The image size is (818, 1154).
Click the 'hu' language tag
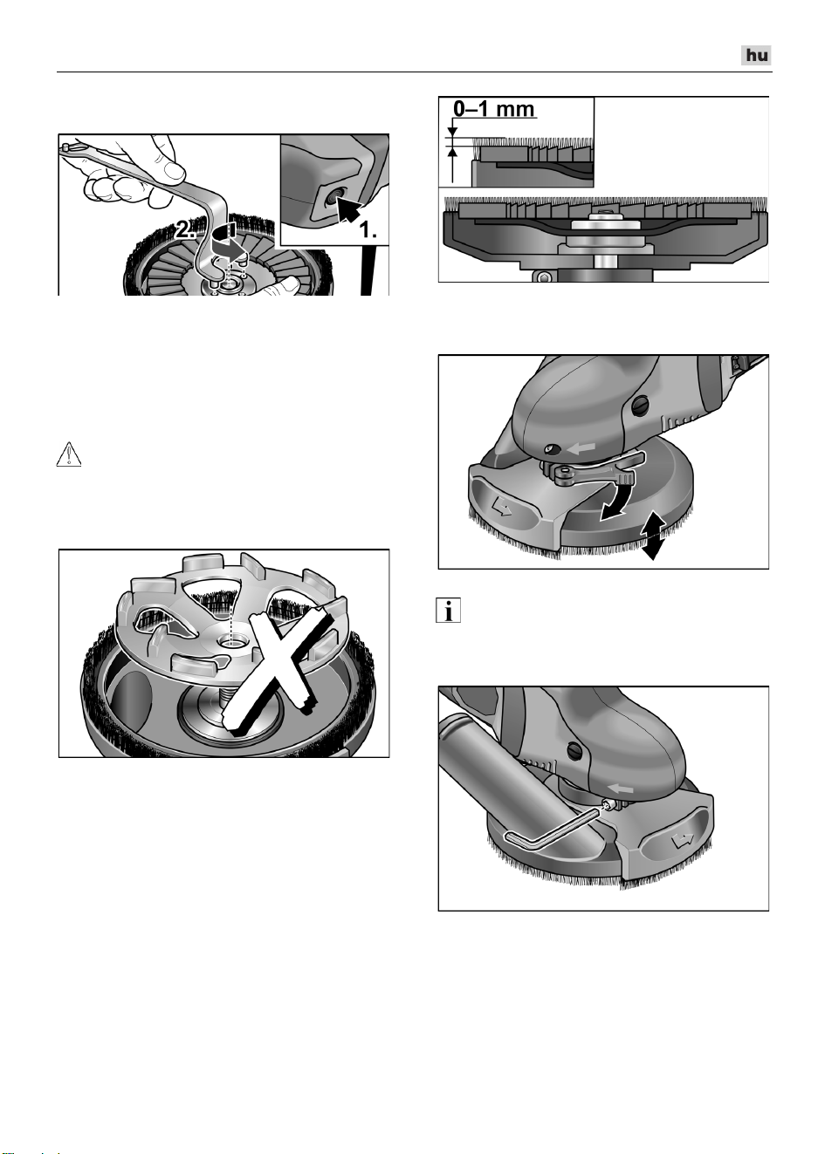click(756, 56)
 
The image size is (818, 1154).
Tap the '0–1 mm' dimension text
click(494, 109)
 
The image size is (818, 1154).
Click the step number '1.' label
click(368, 229)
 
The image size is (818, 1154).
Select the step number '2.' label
click(185, 229)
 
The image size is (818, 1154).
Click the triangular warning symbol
click(69, 454)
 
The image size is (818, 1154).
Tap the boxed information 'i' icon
click(448, 611)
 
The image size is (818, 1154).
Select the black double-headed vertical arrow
click(652, 536)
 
